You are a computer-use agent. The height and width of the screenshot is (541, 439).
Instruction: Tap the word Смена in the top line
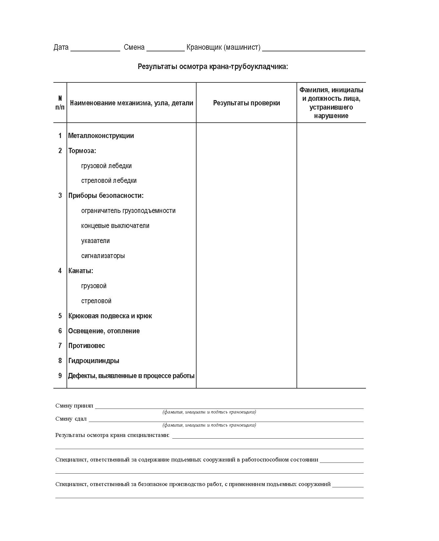pyautogui.click(x=134, y=47)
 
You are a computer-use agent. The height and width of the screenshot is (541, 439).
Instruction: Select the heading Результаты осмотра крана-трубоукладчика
pyautogui.click(x=213, y=67)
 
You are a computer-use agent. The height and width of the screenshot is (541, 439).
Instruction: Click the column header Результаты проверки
pyautogui.click(x=246, y=103)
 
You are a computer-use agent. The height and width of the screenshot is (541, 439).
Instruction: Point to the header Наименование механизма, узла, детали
pyautogui.click(x=131, y=103)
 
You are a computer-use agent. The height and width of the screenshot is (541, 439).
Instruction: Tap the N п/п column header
pyautogui.click(x=60, y=103)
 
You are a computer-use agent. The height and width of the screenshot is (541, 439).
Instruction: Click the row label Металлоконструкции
pyautogui.click(x=101, y=136)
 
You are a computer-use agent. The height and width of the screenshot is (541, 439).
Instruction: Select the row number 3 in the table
pyautogui.click(x=60, y=196)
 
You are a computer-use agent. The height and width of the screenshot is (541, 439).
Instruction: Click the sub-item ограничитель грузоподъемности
pyautogui.click(x=128, y=211)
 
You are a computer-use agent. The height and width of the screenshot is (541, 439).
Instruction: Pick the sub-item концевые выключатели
pyautogui.click(x=115, y=226)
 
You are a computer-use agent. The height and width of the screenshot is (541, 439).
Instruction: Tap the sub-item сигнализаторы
pyautogui.click(x=103, y=256)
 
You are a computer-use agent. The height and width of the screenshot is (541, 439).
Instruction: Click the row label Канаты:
pyautogui.click(x=81, y=271)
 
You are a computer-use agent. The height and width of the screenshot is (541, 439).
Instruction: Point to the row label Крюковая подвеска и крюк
pyautogui.click(x=110, y=316)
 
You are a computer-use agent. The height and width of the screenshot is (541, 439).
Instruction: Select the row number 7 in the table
pyautogui.click(x=60, y=346)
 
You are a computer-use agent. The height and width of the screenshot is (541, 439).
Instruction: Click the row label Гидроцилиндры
pyautogui.click(x=94, y=361)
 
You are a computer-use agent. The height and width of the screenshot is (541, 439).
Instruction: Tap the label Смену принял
pyautogui.click(x=74, y=406)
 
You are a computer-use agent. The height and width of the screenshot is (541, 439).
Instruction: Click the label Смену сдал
pyautogui.click(x=71, y=419)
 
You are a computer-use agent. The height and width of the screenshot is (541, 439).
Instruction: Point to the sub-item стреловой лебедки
pyautogui.click(x=109, y=181)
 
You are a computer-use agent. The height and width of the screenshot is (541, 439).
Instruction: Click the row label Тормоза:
pyautogui.click(x=82, y=151)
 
